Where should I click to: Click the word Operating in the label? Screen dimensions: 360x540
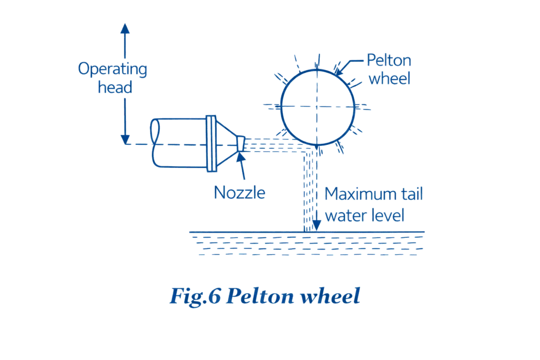[x=113, y=69]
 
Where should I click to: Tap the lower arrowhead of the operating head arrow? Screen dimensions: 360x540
[x=125, y=140]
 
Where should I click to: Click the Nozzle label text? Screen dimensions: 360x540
[x=239, y=192]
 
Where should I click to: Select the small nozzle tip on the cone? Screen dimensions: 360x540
[x=240, y=143]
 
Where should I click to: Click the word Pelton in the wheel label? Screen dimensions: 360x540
[x=389, y=60]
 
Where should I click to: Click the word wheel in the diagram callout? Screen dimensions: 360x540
[x=389, y=79]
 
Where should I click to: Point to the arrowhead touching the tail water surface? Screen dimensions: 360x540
[x=316, y=226]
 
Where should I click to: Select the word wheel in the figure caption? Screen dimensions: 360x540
[x=330, y=296]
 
